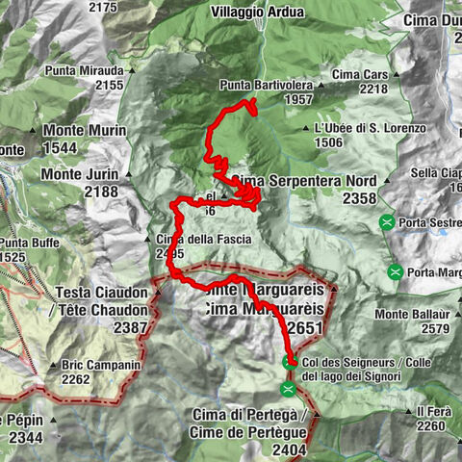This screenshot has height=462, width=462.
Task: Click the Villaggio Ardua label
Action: (258, 13)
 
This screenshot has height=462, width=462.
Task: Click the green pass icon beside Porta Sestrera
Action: (387, 221)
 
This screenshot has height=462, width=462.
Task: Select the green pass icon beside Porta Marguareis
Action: (395, 271)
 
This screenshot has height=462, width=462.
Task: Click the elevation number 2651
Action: (304, 328)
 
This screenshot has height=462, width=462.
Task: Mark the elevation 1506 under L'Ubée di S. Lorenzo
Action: (329, 142)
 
